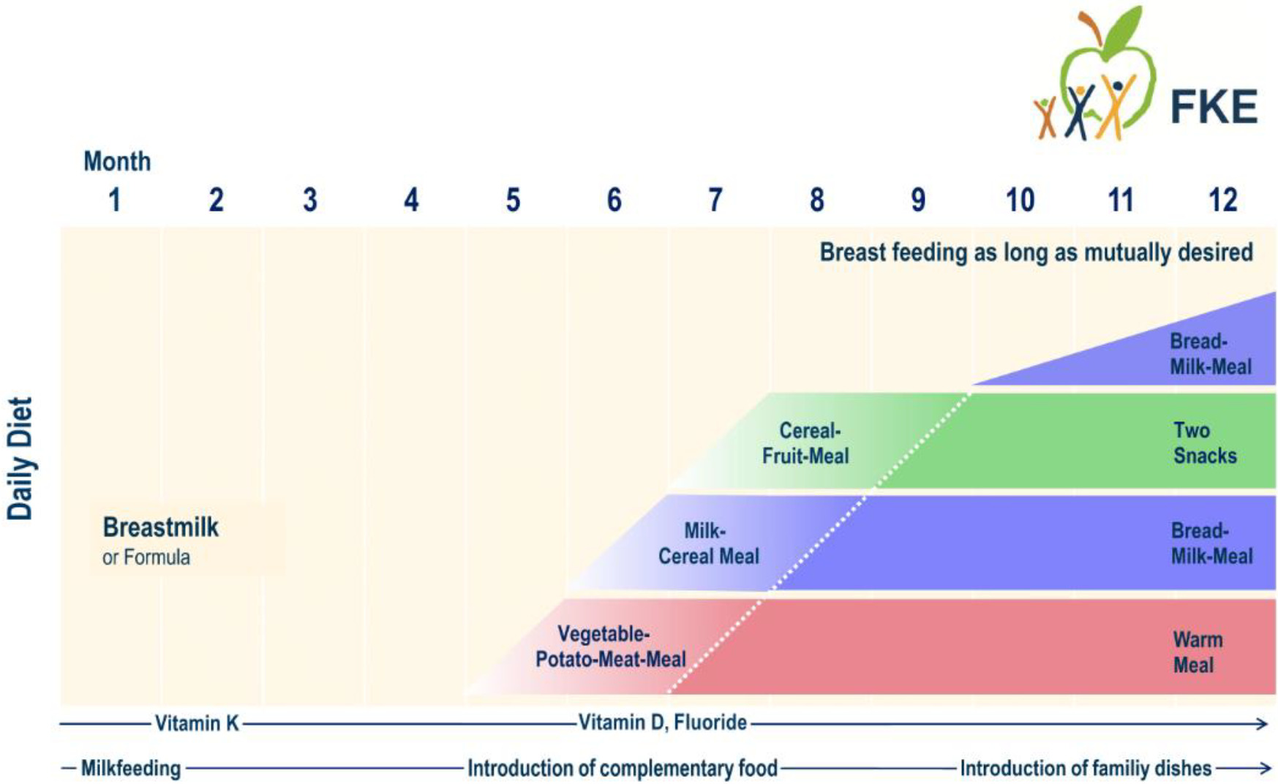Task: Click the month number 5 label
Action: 513,200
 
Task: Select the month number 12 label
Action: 1222,200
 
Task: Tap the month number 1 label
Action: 114,200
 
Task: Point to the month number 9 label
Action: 918,200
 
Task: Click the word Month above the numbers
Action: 117,161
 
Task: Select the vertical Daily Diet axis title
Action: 20,459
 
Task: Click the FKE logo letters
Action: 1214,107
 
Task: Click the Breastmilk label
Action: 160,527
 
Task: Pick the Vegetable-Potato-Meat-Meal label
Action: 611,647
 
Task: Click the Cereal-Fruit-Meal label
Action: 805,443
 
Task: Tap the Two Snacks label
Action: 1205,443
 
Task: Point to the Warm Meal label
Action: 1198,652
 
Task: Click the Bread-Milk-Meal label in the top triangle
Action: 1211,354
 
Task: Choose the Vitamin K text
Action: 197,723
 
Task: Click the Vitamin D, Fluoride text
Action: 663,723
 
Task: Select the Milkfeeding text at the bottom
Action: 131,768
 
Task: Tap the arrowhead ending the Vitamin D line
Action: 1261,723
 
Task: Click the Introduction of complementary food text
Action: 623,768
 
